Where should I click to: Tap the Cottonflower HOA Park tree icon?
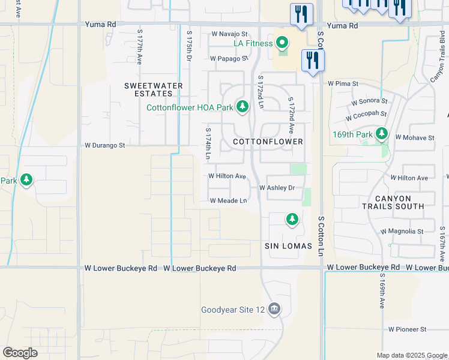tap(242, 107)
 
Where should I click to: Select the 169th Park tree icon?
tap(381, 134)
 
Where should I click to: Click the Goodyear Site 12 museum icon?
tap(274, 310)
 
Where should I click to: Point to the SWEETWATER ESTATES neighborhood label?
tap(153, 89)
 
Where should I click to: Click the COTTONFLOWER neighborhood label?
tap(268, 142)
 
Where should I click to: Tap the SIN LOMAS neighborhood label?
tap(288, 247)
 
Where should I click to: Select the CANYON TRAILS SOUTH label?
tap(394, 202)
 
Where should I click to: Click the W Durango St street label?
tap(104, 145)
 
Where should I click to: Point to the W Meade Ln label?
tap(228, 200)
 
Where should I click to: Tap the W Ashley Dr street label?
tap(277, 188)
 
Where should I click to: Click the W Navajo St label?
tap(229, 34)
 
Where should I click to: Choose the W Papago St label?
tap(229, 59)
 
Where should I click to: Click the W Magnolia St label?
tap(402, 231)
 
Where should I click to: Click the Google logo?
tap(20, 353)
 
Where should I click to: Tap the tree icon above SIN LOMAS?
tap(292, 220)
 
